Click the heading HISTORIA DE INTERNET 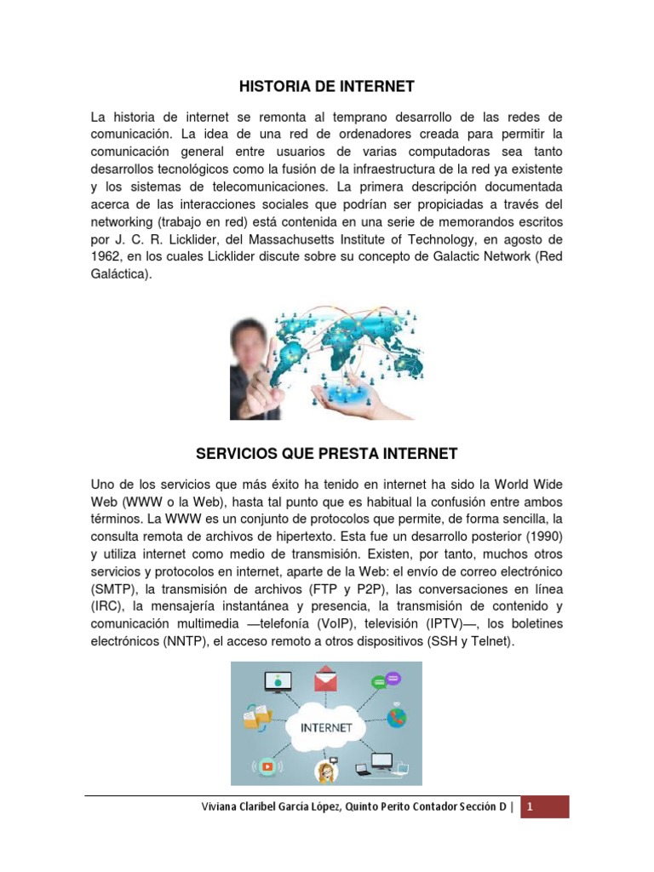(326, 86)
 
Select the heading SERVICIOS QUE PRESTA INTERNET (326, 453)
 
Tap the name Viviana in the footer (215, 807)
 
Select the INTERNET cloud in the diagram (327, 728)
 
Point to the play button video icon (267, 766)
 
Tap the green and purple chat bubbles (386, 680)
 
